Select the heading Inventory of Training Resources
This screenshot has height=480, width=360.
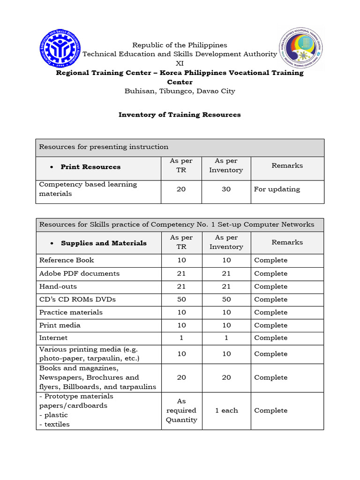pos(180,114)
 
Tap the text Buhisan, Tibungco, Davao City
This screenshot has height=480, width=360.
pos(180,91)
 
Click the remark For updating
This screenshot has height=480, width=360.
pos(277,189)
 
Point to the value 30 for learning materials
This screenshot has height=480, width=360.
pos(226,189)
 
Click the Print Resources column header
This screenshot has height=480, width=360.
pos(90,167)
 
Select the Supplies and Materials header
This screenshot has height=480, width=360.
pos(104,243)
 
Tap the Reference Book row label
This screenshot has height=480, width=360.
pos(67,260)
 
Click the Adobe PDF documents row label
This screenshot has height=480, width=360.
pos(79,273)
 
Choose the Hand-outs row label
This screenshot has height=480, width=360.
pos(58,286)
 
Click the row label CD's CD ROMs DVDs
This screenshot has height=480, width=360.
pos(77,299)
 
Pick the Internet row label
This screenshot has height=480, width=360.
pos(53,337)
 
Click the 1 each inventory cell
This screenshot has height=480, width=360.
pos(226,410)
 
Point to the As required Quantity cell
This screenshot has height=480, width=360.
pos(181,410)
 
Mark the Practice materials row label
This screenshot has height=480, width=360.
pos(71,312)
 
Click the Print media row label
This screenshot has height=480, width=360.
pos(60,325)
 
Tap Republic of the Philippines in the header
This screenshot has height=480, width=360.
pos(180,45)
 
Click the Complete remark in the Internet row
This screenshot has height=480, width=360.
pos(270,337)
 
